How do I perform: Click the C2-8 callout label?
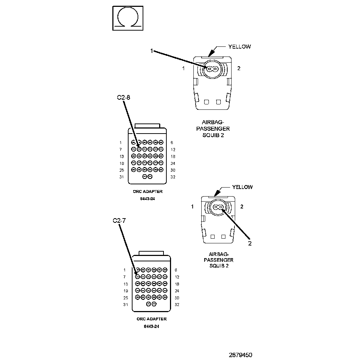pyautogui.click(x=122, y=97)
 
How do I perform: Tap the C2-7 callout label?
pyautogui.click(x=119, y=221)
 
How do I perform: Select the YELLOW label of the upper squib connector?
pyautogui.click(x=239, y=46)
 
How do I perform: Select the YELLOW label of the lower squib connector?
pyautogui.click(x=242, y=187)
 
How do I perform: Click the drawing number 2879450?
pyautogui.click(x=241, y=355)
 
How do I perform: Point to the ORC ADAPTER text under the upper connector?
pyautogui.click(x=148, y=192)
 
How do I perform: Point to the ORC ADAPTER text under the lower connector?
pyautogui.click(x=152, y=319)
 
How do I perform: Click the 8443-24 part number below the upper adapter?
pyautogui.click(x=148, y=198)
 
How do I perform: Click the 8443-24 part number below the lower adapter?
pyautogui.click(x=152, y=327)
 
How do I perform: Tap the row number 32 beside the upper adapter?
pyautogui.click(x=172, y=177)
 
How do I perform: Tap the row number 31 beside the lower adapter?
pyautogui.click(x=125, y=305)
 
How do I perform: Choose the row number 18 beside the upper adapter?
pyautogui.click(x=172, y=157)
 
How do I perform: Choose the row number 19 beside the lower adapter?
pyautogui.click(x=126, y=291)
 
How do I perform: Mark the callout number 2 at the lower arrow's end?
pyautogui.click(x=250, y=243)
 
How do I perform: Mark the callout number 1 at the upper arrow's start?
pyautogui.click(x=152, y=51)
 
